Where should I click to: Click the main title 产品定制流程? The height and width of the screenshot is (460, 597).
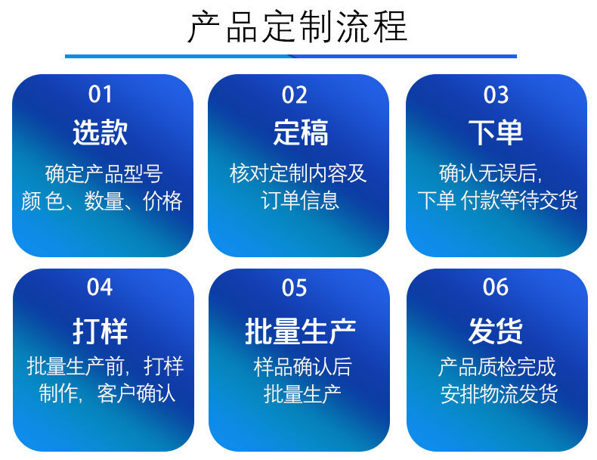[298, 26]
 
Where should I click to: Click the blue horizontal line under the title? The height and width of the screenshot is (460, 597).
[291, 57]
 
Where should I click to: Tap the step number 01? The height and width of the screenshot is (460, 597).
[101, 95]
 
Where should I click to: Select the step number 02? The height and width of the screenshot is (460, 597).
[294, 95]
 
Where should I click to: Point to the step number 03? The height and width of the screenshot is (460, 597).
[496, 95]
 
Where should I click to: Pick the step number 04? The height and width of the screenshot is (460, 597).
[100, 287]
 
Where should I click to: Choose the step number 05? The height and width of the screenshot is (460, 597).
[294, 287]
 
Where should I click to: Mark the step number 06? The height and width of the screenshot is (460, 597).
[496, 287]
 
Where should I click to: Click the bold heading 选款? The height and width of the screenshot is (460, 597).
[101, 132]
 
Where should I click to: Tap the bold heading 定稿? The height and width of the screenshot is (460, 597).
[301, 132]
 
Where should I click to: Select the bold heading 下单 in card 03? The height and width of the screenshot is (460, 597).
[496, 132]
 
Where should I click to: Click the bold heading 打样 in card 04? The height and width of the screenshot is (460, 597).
[101, 331]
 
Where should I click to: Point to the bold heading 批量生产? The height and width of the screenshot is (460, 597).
[301, 331]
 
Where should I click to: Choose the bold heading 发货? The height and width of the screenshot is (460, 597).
[495, 331]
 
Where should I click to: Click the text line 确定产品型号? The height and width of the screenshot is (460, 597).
[104, 174]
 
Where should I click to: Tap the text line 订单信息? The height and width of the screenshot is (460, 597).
[300, 200]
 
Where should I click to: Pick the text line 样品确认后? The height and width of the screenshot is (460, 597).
[303, 367]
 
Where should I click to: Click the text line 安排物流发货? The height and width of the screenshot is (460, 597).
[500, 393]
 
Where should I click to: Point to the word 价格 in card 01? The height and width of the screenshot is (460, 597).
[163, 201]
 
